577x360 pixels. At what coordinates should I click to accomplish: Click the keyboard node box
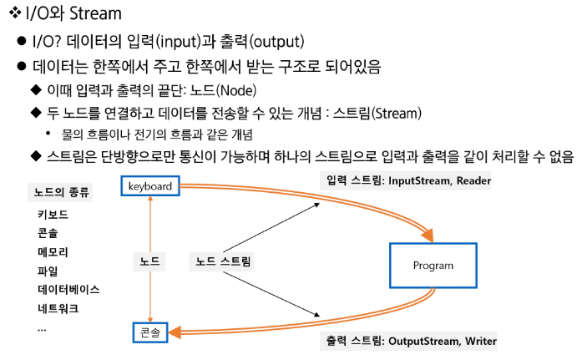(150, 186)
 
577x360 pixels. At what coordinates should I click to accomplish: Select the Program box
(433, 266)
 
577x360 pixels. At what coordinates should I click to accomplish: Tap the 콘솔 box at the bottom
(150, 333)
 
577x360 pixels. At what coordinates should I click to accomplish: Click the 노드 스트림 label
(223, 261)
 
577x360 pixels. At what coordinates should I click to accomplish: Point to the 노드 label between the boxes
(150, 261)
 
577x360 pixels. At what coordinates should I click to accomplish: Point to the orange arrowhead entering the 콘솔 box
(175, 333)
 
